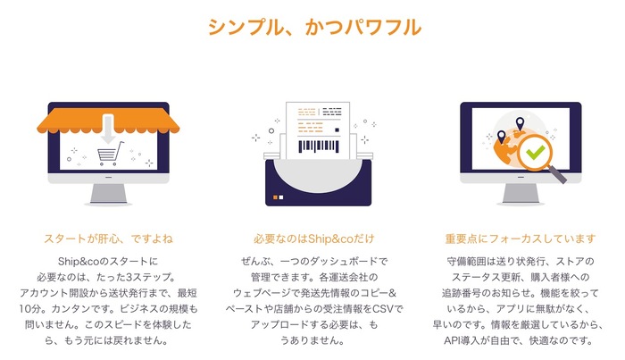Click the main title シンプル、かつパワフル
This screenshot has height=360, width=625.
[x=314, y=27]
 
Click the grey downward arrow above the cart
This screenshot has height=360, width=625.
[x=108, y=129]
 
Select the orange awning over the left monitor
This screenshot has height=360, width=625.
[x=108, y=121]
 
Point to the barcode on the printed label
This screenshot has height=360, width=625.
[x=319, y=147]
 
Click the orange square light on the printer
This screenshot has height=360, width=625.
[x=275, y=197]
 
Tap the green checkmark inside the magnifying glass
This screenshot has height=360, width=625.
[x=536, y=152]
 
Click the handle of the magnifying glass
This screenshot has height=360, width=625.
[x=558, y=174]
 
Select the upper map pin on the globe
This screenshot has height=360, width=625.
[x=520, y=123]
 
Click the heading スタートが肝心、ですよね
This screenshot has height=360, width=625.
[x=108, y=239]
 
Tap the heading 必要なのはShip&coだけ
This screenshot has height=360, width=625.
[x=314, y=239]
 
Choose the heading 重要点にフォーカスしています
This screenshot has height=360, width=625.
[x=521, y=239]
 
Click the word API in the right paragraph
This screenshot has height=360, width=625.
[x=452, y=341]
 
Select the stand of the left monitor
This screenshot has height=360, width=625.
[x=108, y=195]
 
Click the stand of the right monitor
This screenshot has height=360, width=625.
[x=521, y=195]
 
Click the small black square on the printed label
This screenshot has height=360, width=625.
[x=337, y=130]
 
